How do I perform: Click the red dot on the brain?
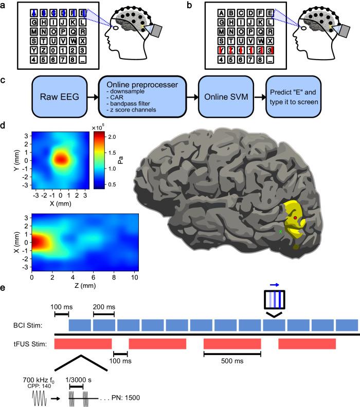click(294, 218)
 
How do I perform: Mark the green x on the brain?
click(280, 232)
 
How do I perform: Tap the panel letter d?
click(5, 125)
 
